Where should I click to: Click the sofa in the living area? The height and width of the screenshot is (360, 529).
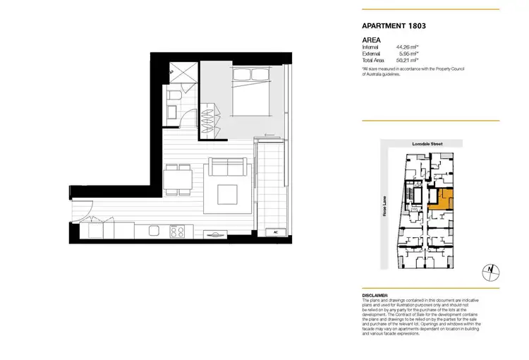pos(228,169)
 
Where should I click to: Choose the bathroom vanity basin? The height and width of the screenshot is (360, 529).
pos(171,111)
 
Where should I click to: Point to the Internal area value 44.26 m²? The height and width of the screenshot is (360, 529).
pos(408,47)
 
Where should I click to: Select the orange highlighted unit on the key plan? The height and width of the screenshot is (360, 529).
pos(444,198)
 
